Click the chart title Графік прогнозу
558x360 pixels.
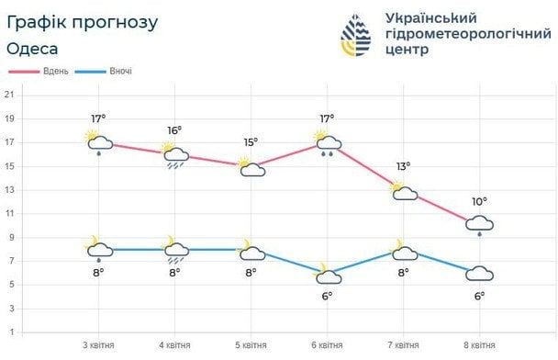point(82,20)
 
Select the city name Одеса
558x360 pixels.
point(34,48)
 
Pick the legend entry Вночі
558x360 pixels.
point(118,71)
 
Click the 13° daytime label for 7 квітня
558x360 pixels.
point(403,166)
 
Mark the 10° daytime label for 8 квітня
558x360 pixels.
point(479,201)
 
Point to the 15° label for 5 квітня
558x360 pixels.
point(251,141)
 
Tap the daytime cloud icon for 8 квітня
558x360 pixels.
point(479,224)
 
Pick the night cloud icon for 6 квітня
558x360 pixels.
point(327,272)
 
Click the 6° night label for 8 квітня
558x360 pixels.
point(479,296)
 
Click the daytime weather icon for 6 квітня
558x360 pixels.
point(327,142)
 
